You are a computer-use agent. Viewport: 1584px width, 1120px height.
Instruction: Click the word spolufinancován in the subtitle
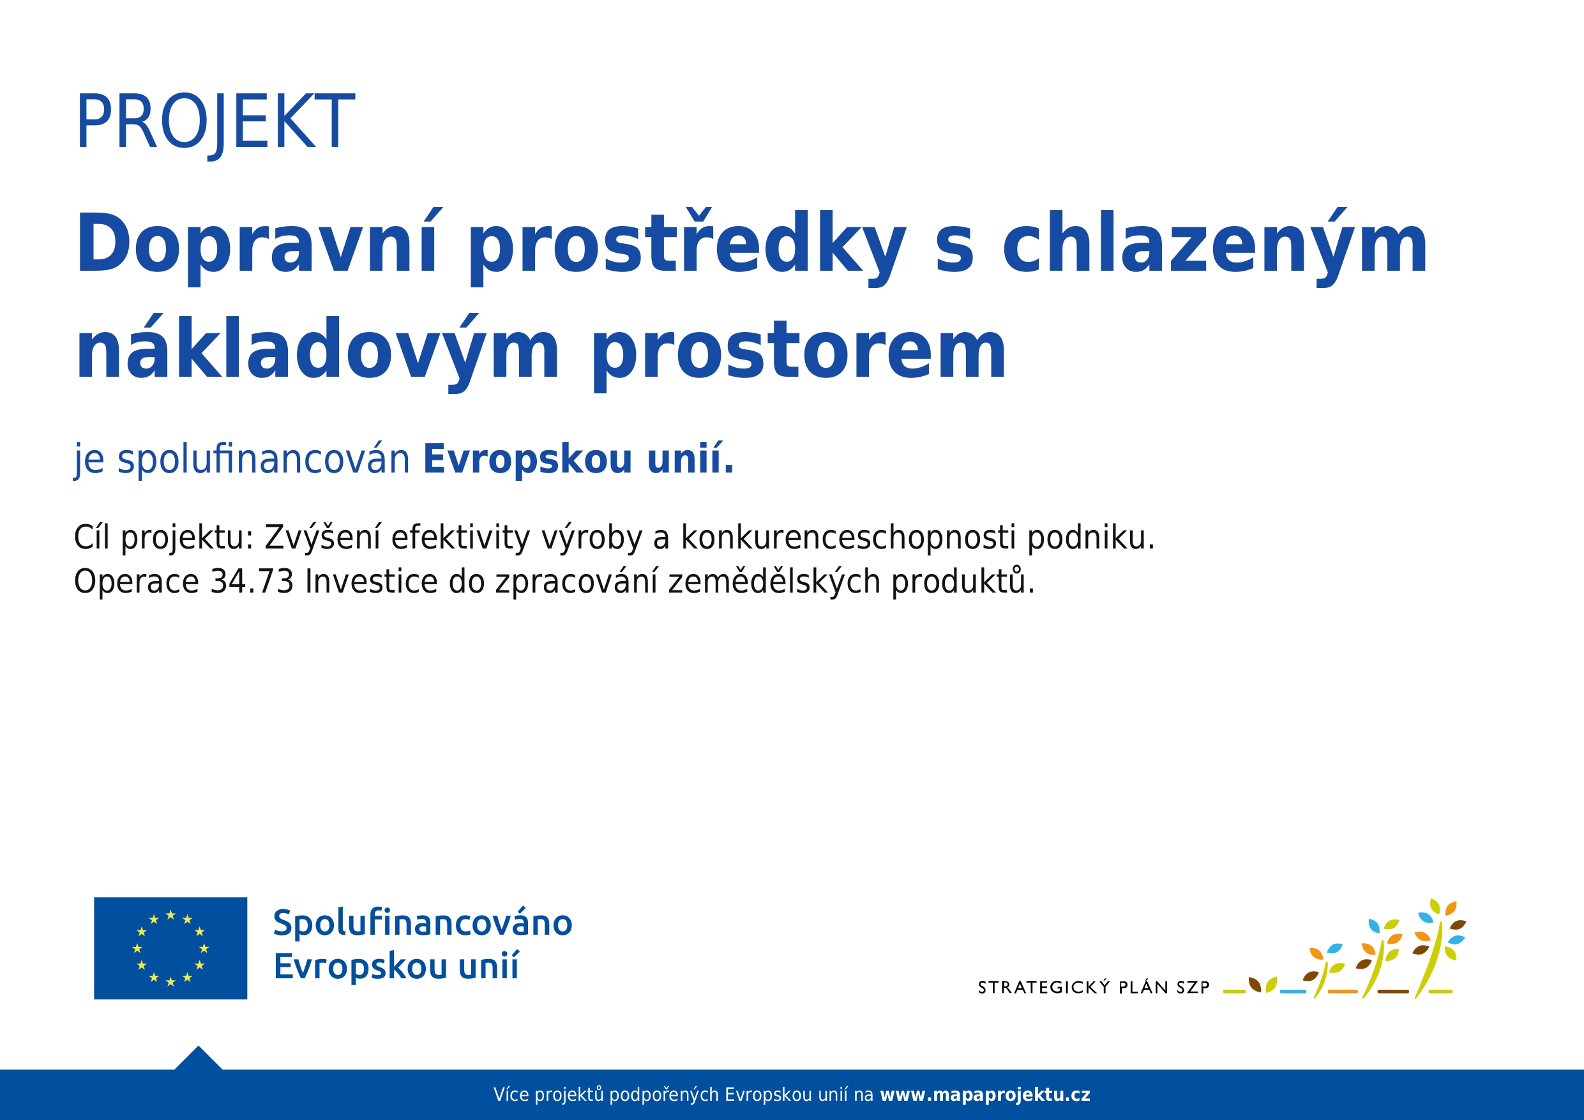pos(264,460)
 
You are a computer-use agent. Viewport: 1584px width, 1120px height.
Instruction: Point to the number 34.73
pos(252,582)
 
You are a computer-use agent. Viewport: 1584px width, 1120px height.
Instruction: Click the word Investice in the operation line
pos(371,582)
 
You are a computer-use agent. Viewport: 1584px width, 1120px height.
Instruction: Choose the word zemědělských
pos(774,582)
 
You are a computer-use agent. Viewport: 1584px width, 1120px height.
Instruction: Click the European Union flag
pos(170,948)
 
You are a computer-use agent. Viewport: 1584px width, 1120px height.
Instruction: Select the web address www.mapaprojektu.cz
pos(985,1095)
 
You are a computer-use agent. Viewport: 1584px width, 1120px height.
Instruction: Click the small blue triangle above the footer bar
pos(199,1059)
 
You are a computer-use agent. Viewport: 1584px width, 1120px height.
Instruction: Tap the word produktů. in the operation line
pos(964,582)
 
